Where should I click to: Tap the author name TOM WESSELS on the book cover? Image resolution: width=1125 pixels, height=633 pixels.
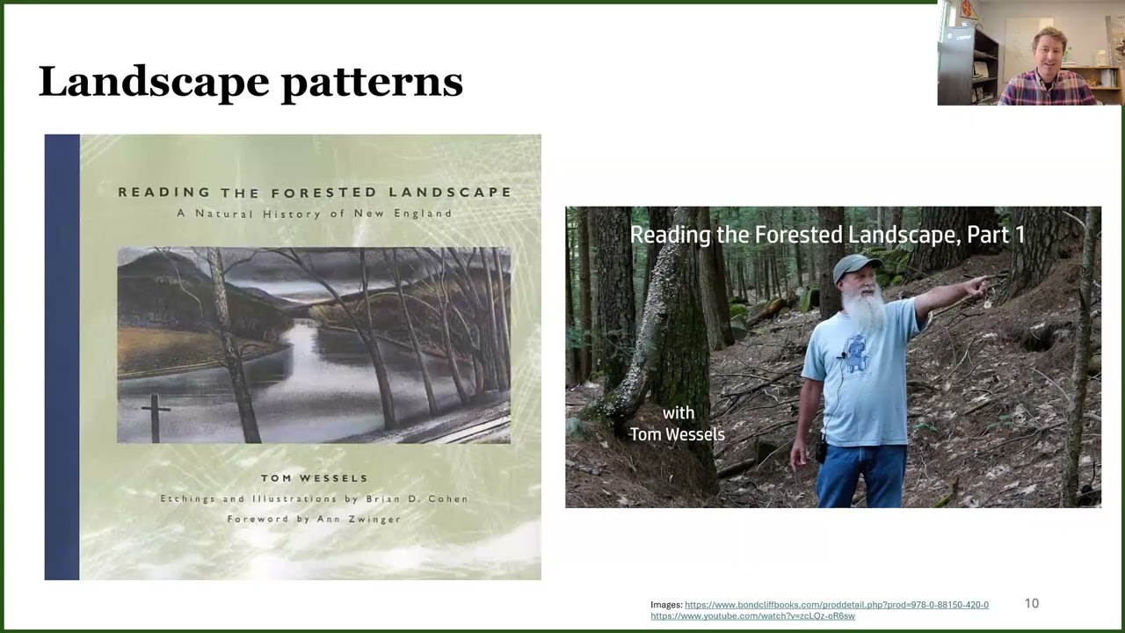click(x=314, y=478)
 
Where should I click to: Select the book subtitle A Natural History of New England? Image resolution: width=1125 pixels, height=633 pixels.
click(x=314, y=214)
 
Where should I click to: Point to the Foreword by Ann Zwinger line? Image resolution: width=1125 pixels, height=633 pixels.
click(x=314, y=519)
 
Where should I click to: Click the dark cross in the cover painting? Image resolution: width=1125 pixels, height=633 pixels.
click(x=156, y=416)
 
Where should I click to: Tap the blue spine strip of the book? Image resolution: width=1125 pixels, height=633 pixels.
click(x=62, y=356)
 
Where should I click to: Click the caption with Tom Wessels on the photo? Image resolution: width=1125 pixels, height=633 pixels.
click(x=677, y=423)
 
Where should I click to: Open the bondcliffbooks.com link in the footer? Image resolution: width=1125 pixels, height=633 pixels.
click(x=836, y=605)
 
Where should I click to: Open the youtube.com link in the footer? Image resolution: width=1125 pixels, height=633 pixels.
click(x=752, y=615)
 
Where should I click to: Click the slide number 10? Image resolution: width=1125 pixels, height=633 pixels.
click(x=1032, y=603)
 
